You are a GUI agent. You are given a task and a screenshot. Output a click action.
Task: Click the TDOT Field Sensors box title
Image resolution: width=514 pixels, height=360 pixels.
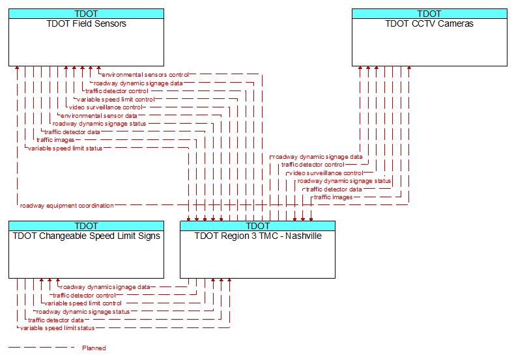pos(86,23)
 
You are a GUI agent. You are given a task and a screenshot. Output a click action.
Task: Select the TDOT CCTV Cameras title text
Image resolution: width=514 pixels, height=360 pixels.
pos(429,23)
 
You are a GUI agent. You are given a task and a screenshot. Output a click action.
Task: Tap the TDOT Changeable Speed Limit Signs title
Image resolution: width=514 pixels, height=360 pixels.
pos(86,236)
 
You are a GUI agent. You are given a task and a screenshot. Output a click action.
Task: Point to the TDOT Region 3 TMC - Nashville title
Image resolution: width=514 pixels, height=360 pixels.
pos(258,236)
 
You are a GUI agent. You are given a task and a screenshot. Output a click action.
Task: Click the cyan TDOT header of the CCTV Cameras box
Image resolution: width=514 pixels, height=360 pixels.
pos(429,14)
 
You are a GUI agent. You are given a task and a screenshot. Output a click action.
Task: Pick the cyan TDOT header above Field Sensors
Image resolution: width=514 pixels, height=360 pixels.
pos(86,14)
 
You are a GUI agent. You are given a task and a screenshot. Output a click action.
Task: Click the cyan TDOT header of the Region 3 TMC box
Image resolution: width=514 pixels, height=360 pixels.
pos(258,226)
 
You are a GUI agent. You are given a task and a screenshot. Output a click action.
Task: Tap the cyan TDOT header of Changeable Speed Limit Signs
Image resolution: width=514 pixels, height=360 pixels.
pos(86,226)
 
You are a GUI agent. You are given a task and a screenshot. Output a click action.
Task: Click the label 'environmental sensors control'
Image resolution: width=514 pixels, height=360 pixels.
pos(145,75)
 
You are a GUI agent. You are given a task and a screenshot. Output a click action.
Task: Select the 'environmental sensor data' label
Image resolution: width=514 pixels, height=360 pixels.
pos(98,116)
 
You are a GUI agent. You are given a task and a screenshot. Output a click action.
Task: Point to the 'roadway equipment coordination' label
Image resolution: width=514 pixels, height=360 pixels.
pos(67,206)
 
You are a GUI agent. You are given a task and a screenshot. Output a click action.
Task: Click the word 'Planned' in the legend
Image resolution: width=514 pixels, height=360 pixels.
pos(94,348)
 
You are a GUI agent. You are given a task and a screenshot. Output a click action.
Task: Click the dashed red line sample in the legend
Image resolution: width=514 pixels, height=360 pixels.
pos(42,348)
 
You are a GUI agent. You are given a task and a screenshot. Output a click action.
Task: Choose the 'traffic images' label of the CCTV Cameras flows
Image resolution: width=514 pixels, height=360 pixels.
pos(333,197)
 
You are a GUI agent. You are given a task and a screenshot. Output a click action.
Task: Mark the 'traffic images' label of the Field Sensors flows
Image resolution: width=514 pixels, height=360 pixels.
pos(55,140)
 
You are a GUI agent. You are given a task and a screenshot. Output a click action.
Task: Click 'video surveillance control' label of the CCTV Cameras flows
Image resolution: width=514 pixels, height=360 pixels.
pos(326,173)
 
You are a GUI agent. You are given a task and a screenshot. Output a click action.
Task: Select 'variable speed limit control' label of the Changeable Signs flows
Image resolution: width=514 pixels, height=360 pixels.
pos(83,303)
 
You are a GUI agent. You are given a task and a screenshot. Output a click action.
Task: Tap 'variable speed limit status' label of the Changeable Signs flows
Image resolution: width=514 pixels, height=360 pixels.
pos(57,328)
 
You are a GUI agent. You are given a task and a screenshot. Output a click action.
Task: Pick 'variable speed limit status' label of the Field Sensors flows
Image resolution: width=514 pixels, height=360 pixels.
pos(65,148)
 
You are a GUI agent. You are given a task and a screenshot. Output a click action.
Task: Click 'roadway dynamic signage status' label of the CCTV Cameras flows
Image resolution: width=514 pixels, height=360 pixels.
pos(344,181)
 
